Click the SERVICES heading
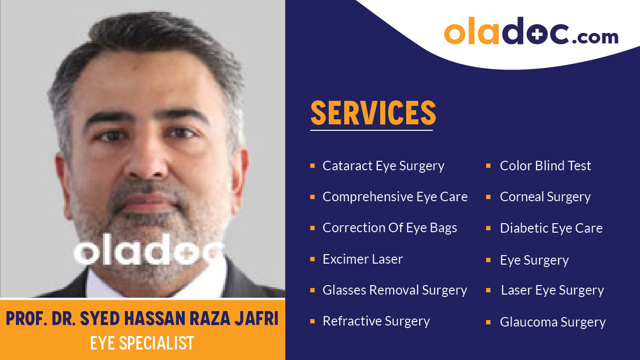tap(373, 113)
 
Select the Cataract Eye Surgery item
tap(383, 166)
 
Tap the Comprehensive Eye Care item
tap(395, 197)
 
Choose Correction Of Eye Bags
tap(390, 228)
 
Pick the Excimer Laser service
tap(362, 259)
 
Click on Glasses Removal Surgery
tap(395, 290)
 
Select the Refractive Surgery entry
tap(376, 321)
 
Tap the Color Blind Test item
tap(545, 166)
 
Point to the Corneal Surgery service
tap(545, 197)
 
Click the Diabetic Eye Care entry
tap(551, 228)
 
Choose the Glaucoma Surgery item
tap(553, 322)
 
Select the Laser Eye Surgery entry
tap(552, 290)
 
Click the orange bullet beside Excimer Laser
tap(312, 259)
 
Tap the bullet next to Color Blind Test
tap(488, 165)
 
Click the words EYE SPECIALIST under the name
tap(142, 343)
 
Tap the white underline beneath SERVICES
tap(371, 130)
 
